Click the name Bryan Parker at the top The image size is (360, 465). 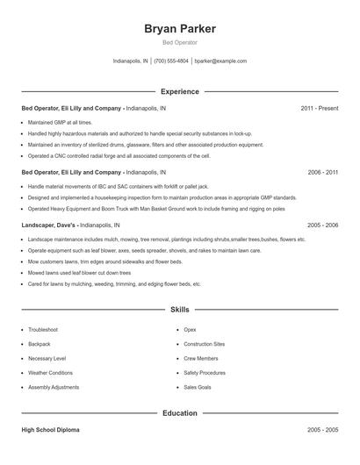[180, 28]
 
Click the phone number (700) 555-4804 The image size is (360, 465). [172, 61]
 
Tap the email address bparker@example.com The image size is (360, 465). [220, 61]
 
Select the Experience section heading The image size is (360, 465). [180, 91]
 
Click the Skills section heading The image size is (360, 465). [180, 310]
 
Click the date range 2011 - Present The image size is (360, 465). [319, 108]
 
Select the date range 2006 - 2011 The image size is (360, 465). [322, 173]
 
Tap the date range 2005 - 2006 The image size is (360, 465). [322, 225]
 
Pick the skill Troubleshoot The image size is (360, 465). [43, 329]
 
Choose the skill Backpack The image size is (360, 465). [40, 344]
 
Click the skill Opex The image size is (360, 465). [190, 329]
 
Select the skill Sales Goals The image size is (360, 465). [197, 387]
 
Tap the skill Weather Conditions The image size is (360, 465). [50, 373]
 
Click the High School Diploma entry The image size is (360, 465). [51, 431]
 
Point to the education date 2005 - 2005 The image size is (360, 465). [322, 431]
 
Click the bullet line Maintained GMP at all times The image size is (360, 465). [60, 122]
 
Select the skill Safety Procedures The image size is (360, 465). [205, 373]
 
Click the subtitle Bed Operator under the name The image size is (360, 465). [180, 42]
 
